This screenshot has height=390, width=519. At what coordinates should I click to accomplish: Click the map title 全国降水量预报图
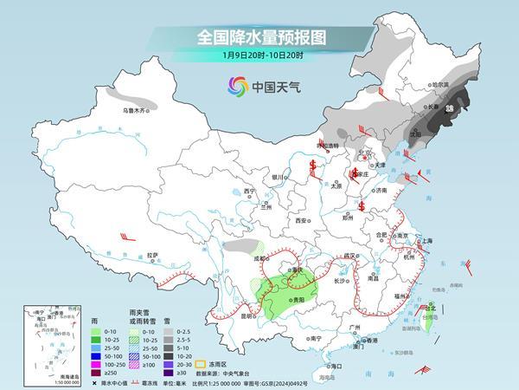coord(259,37)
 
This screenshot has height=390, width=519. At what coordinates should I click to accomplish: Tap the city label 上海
coord(426,243)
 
